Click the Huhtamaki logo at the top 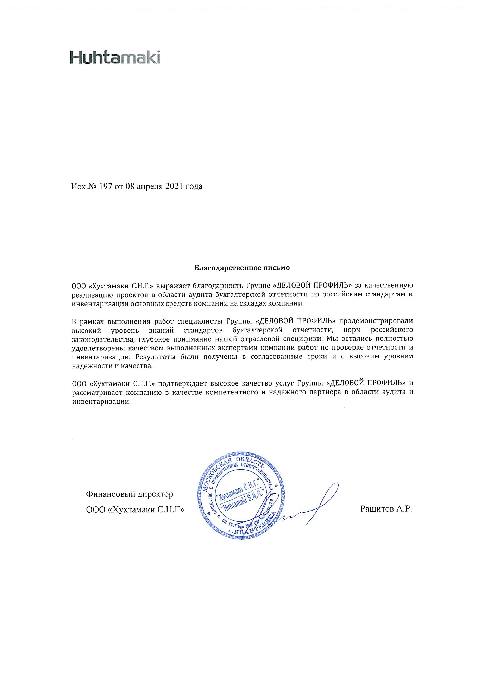coord(115,57)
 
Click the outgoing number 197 coord(106,186)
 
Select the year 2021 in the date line coord(174,186)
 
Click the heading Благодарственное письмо coord(242,268)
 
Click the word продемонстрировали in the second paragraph coord(376,321)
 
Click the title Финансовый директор coord(130,494)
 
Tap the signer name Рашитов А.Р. coord(386,508)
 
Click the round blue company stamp coord(241,496)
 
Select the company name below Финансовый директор coord(135,509)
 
